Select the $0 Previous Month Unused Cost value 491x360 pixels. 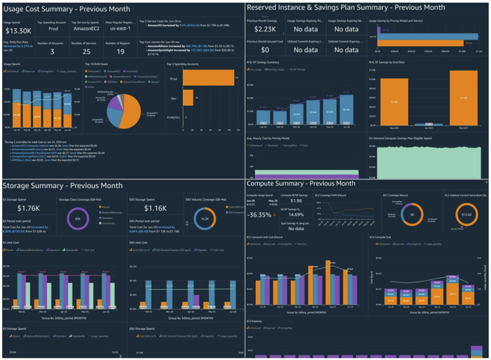click(263, 51)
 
